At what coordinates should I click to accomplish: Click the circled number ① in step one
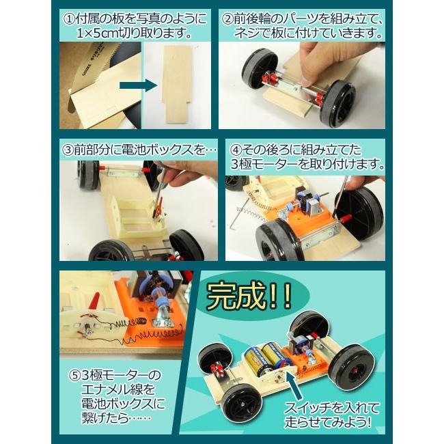68,16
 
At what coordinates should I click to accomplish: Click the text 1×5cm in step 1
102,33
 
